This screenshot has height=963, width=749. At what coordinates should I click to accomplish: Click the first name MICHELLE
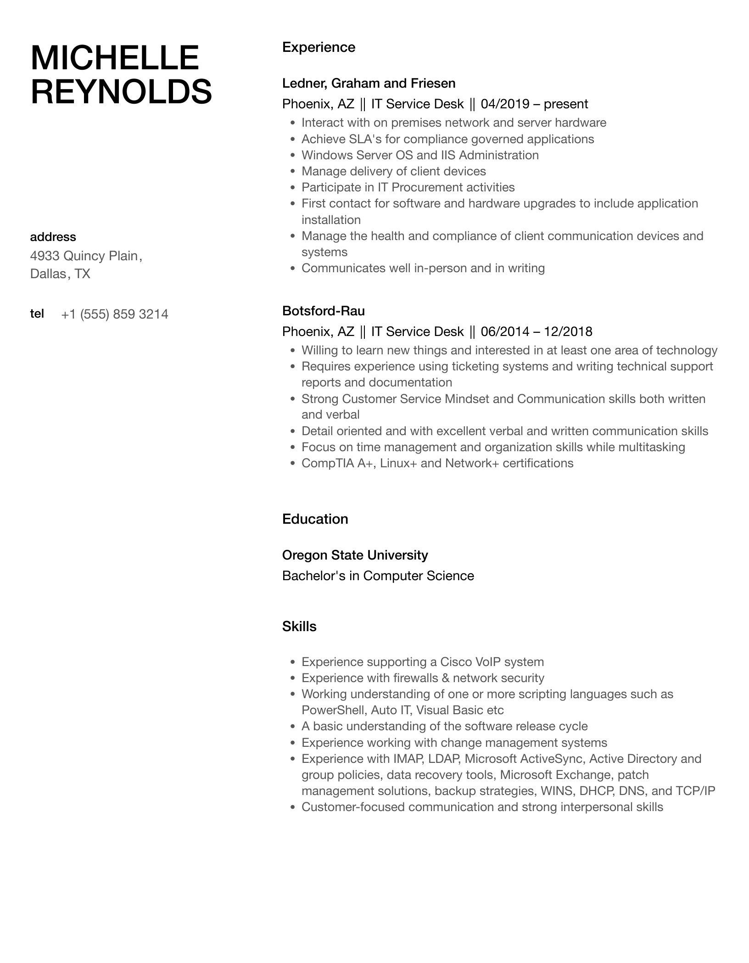115,58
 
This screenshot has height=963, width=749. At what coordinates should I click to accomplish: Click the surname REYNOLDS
121,91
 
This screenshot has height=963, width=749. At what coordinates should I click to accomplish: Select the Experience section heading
319,47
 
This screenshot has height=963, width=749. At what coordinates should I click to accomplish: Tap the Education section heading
315,519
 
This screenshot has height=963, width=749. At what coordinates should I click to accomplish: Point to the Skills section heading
299,627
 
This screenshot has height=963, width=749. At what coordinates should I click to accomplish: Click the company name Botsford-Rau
323,311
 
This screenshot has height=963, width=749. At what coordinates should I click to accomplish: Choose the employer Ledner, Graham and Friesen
369,84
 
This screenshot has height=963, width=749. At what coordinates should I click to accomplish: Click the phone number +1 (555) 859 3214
114,314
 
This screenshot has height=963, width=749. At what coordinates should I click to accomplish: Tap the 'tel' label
37,314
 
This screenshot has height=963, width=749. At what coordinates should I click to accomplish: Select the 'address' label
53,237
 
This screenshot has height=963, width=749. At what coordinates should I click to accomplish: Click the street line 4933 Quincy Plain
85,256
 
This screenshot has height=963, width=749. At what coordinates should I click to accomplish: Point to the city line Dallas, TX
60,274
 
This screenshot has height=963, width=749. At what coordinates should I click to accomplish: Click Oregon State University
355,555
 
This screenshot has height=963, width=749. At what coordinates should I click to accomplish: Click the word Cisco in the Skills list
456,662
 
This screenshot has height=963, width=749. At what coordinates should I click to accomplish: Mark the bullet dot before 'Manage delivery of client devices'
292,172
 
